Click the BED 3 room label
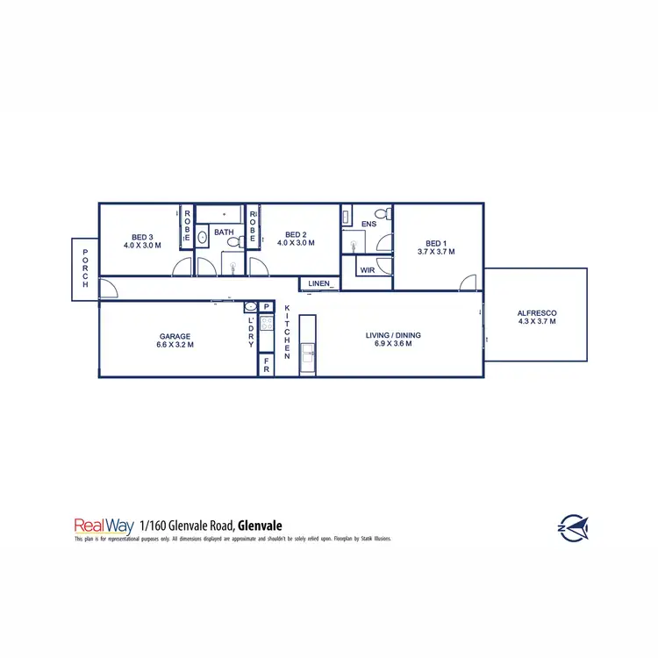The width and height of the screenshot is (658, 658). pos(141,237)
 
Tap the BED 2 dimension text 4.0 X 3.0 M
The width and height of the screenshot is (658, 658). pos(295,243)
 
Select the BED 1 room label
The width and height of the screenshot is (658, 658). pos(436,243)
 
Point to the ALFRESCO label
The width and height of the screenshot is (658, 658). pos(536,313)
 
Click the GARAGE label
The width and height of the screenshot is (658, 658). pos(175,336)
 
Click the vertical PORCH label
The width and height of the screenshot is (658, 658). pos(85,269)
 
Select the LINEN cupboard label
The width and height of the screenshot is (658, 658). pos(318,283)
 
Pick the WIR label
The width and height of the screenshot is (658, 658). pos(368,271)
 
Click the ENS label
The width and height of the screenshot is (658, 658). pos(368,225)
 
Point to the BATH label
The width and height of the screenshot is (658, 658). pos(224,233)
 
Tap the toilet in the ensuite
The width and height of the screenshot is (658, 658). pos(382,213)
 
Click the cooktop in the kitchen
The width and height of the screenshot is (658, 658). pos(267,324)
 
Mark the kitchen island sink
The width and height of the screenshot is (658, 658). pos(308,354)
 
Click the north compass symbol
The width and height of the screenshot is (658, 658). pos(573,527)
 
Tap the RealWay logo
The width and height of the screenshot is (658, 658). pos(104,526)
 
